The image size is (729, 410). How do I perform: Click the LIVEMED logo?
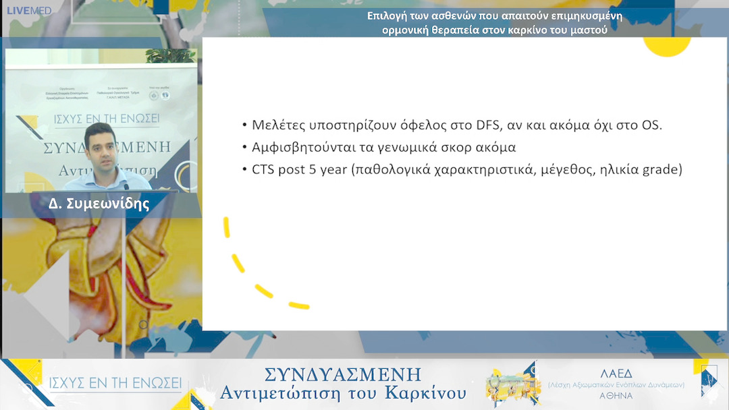tap(28, 10)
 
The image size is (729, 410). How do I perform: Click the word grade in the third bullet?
tap(662, 170)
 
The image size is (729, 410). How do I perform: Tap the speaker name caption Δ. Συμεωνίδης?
tap(99, 204)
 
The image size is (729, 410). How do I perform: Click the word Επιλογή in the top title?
tap(387, 16)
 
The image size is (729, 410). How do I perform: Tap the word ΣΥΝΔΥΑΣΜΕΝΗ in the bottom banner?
tap(343, 374)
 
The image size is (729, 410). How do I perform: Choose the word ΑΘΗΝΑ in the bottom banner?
tap(616, 395)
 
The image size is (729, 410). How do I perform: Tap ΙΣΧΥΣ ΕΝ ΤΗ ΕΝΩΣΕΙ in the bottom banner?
tap(115, 384)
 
